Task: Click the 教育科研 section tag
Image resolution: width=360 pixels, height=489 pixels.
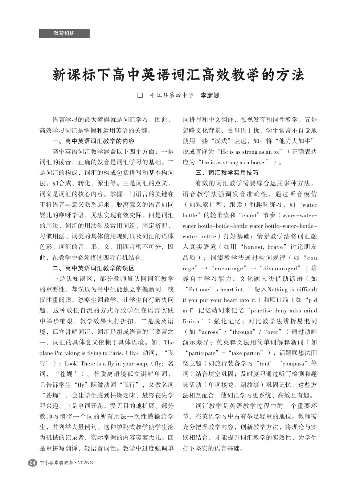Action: pyautogui.click(x=64, y=33)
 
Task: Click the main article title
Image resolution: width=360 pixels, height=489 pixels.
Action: pyautogui.click(x=178, y=75)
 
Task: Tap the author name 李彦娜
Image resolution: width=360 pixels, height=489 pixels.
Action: pyautogui.click(x=210, y=96)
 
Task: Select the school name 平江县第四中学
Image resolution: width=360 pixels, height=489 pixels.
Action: pyautogui.click(x=172, y=96)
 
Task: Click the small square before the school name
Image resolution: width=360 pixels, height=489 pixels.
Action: pyautogui.click(x=140, y=96)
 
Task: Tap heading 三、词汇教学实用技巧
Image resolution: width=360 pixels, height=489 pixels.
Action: pyautogui.click(x=227, y=173)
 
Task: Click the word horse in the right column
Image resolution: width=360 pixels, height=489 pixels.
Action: pyautogui.click(x=257, y=162)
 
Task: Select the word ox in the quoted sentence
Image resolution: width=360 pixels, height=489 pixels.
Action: pyautogui.click(x=276, y=152)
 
